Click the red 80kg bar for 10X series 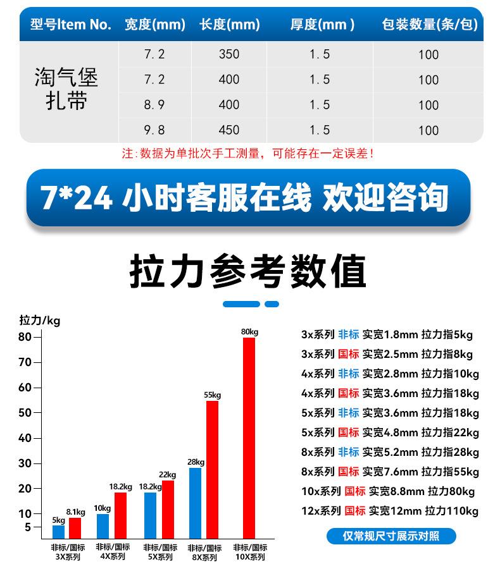(249, 438)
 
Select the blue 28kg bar (195, 503)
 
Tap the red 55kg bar (212, 469)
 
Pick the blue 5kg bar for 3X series (58, 531)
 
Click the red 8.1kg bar (75, 527)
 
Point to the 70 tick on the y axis (25, 362)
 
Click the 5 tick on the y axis (27, 527)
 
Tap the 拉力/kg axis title (40, 321)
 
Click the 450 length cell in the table (229, 130)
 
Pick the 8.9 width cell (154, 104)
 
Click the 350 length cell (229, 54)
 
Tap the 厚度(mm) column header (322, 25)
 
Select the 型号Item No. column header (71, 25)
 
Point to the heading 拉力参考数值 (248, 272)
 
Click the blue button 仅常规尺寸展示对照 (391, 536)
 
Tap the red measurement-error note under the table (248, 154)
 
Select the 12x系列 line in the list (390, 511)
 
